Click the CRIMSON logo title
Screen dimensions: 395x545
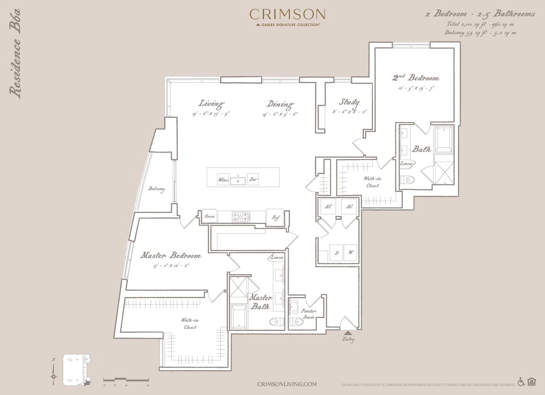[287, 14]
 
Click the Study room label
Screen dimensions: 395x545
[349, 102]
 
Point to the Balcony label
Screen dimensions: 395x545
[156, 189]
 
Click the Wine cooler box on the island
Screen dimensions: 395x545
[223, 180]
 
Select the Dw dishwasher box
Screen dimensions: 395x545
[253, 180]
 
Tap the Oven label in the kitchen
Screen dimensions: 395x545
[210, 216]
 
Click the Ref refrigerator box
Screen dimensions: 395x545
[275, 217]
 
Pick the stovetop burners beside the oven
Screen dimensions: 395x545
[241, 217]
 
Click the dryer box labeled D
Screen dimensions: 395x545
[336, 253]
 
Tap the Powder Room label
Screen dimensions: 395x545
[308, 314]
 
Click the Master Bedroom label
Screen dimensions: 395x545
[171, 256]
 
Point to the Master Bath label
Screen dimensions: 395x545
[260, 302]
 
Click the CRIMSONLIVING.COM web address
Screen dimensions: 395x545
[287, 384]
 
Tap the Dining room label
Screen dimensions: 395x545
[280, 104]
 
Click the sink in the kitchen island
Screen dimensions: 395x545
[238, 180]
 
